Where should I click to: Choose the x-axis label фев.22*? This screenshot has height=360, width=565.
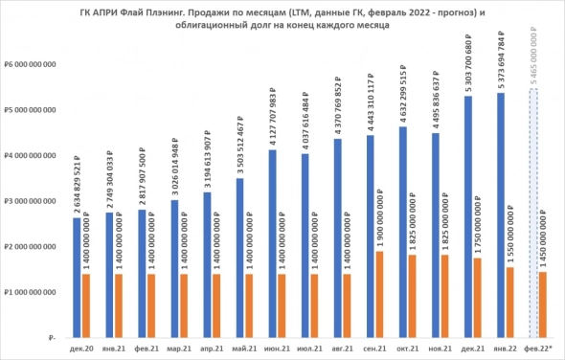(x=538, y=350)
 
